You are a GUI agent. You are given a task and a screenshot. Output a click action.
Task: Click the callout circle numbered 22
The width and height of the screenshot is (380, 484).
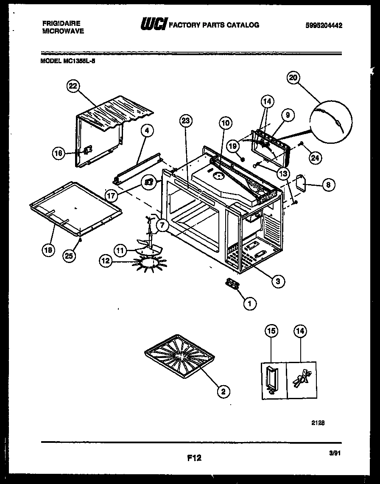[73, 86]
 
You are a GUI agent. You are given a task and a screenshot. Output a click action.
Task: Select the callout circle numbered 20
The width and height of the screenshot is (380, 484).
[293, 78]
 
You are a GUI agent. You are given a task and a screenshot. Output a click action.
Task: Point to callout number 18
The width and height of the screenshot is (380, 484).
[48, 250]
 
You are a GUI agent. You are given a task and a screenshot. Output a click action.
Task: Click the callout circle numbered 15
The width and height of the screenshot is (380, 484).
[271, 331]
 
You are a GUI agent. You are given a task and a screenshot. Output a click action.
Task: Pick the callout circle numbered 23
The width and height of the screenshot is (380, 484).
[185, 121]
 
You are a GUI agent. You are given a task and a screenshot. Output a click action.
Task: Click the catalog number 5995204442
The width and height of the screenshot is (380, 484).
[324, 25]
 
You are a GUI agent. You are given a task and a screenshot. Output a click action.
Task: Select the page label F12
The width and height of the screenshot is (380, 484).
[193, 458]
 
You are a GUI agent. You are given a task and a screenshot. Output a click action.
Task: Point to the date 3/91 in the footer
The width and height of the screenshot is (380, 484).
[335, 453]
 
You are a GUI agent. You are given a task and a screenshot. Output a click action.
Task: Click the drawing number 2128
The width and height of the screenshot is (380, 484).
[319, 422]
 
